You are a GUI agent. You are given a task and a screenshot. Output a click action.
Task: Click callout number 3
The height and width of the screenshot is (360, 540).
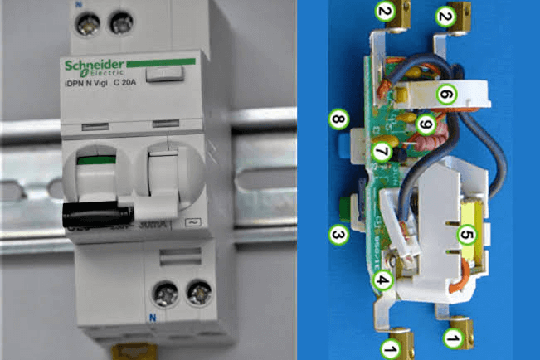click(338, 236)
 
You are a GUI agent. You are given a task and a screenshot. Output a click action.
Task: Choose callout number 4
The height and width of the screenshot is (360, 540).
click(382, 279)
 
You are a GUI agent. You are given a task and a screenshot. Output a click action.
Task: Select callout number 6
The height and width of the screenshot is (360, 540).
click(446, 95)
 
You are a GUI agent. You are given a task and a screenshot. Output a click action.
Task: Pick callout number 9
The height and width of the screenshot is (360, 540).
click(426, 124)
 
